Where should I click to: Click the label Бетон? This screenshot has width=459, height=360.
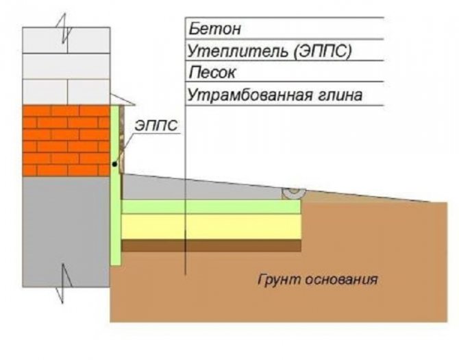214,29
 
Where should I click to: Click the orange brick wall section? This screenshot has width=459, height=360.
66,141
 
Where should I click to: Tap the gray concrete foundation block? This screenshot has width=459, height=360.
66,230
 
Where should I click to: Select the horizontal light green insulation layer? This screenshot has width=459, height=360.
212,207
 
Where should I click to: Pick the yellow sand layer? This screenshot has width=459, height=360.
212,226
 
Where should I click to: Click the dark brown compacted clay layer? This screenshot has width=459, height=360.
212,245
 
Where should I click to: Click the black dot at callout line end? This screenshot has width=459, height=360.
114,165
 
